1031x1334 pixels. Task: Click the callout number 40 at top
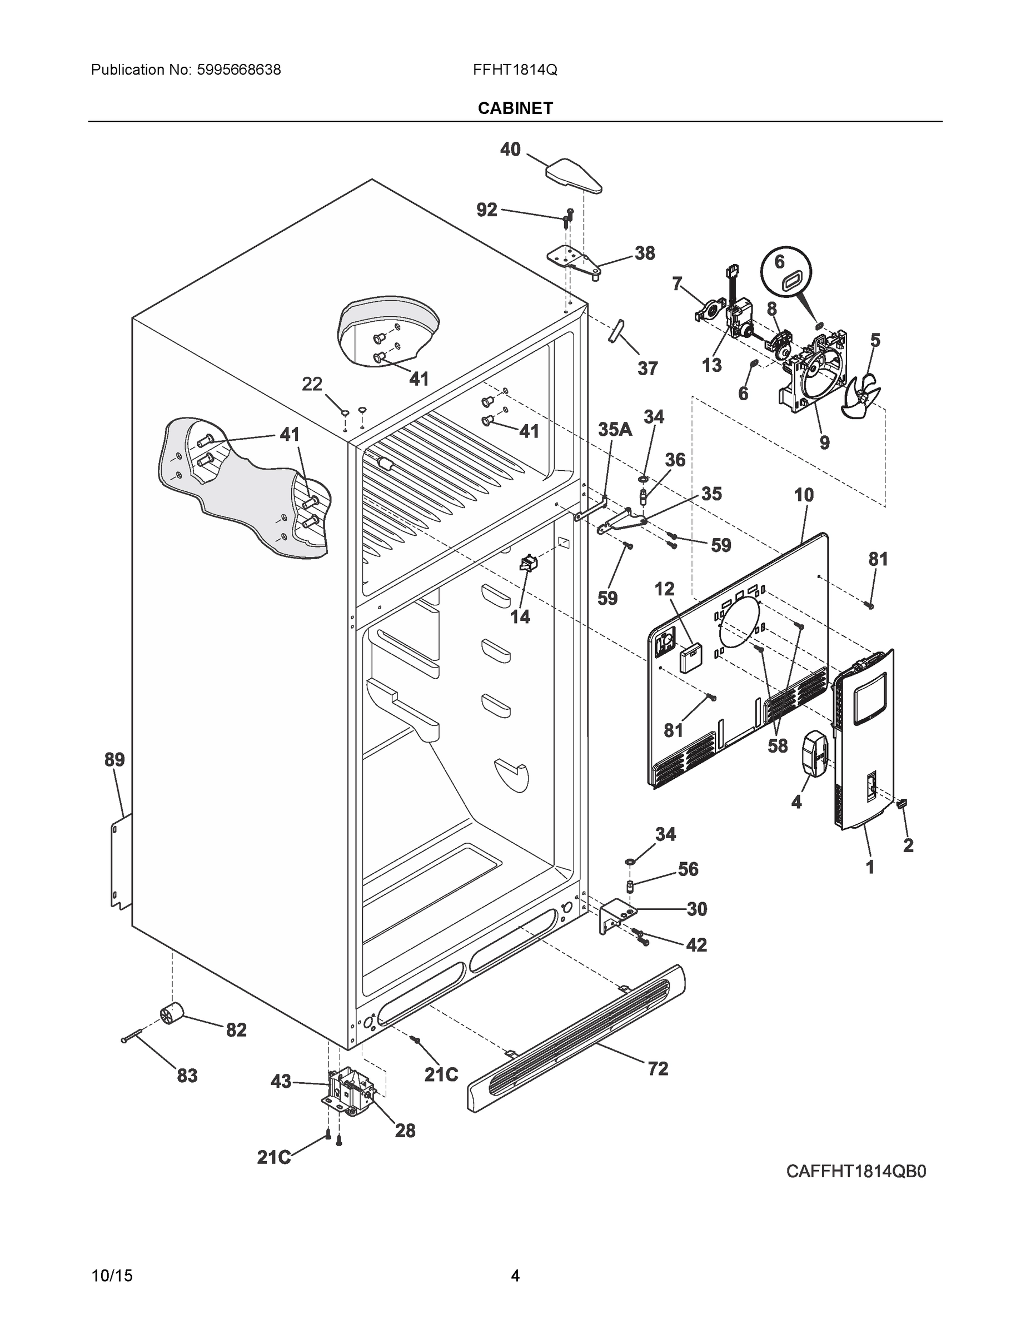pos(510,149)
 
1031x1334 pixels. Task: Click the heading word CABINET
pos(515,108)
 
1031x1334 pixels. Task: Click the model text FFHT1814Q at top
pos(514,70)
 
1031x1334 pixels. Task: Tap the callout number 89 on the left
pos(114,760)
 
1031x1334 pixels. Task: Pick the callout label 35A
pos(615,430)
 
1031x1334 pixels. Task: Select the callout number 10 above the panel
pos(804,495)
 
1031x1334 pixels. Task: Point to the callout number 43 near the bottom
pos(281,1082)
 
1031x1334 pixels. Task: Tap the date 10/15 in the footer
pos(112,1276)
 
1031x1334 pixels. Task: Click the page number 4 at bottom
pos(515,1276)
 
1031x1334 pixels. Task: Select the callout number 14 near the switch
pos(520,617)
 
